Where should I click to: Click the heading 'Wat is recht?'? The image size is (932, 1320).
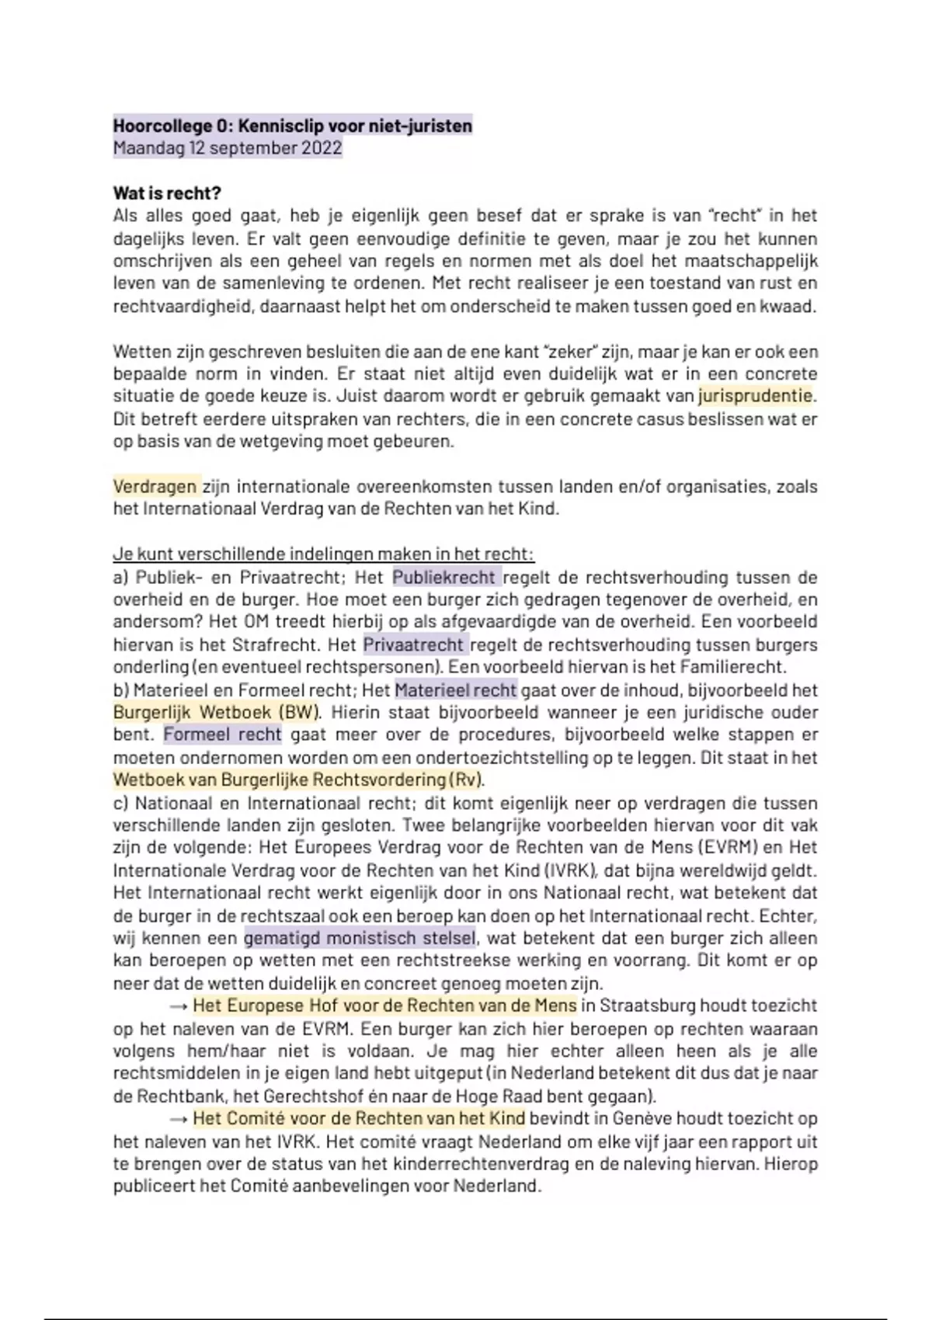click(x=167, y=193)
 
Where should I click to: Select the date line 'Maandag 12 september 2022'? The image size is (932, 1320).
click(x=228, y=148)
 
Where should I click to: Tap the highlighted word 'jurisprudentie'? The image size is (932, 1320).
click(x=756, y=396)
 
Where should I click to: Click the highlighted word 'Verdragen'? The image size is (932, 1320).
click(x=155, y=487)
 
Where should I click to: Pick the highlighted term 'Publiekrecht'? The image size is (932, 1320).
click(x=444, y=577)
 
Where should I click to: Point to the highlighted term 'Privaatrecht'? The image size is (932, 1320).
click(x=414, y=644)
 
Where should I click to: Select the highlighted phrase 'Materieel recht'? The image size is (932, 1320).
click(x=456, y=690)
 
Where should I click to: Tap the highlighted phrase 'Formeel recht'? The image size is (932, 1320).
click(x=222, y=735)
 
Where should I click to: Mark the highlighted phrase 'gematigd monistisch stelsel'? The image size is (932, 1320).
click(x=360, y=938)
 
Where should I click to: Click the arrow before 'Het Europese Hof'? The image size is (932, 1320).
click(x=179, y=1006)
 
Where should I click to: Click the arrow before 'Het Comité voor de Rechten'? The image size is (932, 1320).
click(x=179, y=1119)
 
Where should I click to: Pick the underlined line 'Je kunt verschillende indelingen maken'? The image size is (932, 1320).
click(x=323, y=554)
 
